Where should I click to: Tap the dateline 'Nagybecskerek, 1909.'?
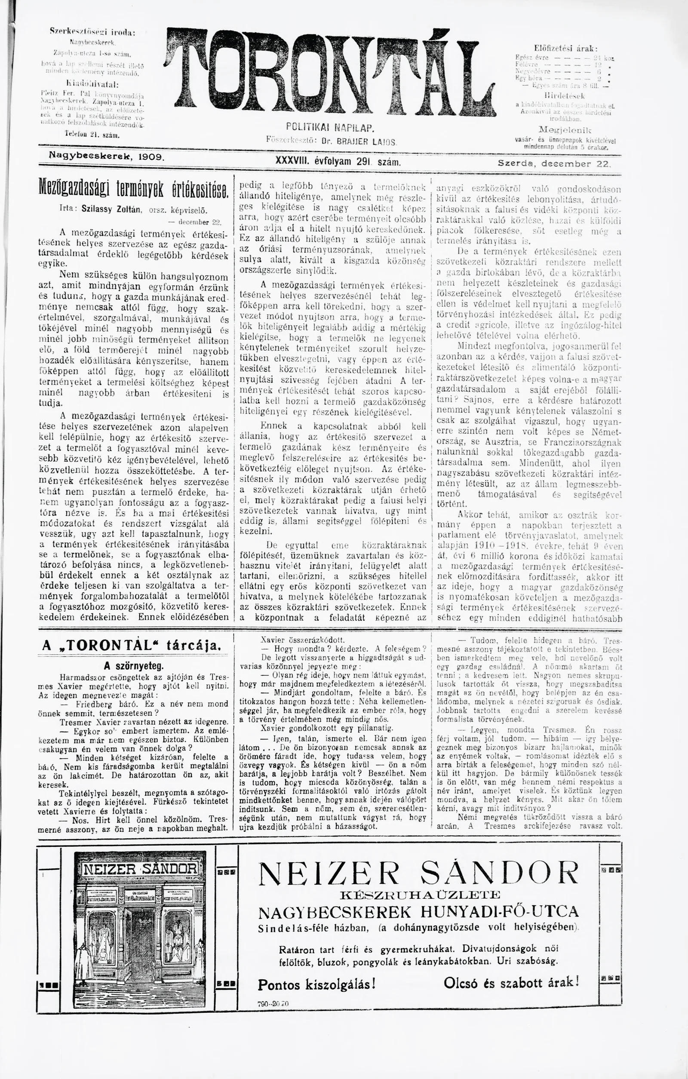[x=107, y=156]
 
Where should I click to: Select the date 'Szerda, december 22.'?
[x=554, y=164]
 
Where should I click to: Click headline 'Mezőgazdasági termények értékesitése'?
[x=134, y=190]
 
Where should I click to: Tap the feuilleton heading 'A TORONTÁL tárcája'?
[x=131, y=646]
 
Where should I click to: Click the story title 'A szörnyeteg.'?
[x=134, y=665]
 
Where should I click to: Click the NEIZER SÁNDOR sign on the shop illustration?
[x=140, y=869]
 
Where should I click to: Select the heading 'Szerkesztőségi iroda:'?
[x=92, y=32]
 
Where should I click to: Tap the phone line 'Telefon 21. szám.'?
[x=91, y=134]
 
